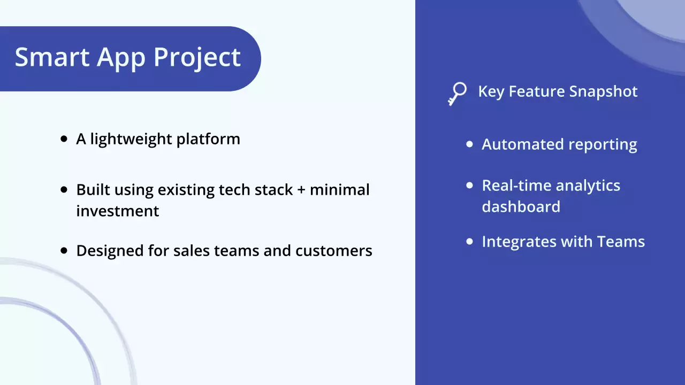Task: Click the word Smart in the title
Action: pyautogui.click(x=51, y=57)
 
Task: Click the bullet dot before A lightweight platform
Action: pyautogui.click(x=64, y=139)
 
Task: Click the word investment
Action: pyautogui.click(x=118, y=211)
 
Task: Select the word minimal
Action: pyautogui.click(x=340, y=189)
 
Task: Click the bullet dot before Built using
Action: pyautogui.click(x=64, y=190)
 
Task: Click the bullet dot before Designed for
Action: pyautogui.click(x=64, y=250)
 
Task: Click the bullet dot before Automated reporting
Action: pyautogui.click(x=470, y=144)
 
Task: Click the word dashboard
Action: pyautogui.click(x=521, y=207)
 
